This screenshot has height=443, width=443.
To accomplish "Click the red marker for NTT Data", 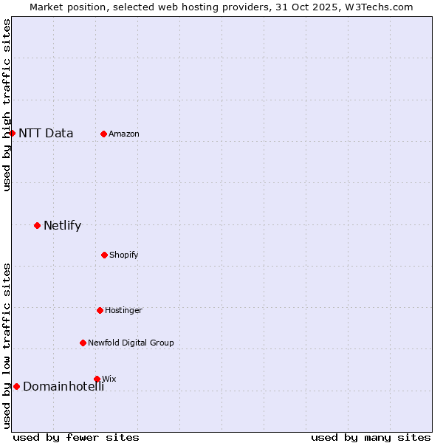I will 12,133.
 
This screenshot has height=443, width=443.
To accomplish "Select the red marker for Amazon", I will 103,134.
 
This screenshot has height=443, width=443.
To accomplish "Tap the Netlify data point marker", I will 37,225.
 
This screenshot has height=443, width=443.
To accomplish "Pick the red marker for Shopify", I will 104,255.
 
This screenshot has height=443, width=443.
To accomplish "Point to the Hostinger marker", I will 100,310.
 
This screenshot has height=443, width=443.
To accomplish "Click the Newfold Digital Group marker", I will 83,343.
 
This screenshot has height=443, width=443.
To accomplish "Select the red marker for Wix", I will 97,379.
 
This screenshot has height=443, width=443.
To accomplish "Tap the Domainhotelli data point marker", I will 16,386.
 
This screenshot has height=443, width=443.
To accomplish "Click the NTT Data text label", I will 46,134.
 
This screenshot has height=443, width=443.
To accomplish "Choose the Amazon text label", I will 124,134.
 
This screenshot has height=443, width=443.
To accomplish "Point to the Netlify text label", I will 62,226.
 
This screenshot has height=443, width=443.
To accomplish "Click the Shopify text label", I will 124,255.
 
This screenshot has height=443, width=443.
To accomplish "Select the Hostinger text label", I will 123,310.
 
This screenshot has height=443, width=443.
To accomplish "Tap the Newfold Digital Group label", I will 131,343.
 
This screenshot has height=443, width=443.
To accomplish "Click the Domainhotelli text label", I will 63,387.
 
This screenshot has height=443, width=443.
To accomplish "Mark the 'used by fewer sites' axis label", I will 76,437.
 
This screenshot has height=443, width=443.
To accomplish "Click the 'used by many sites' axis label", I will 371,437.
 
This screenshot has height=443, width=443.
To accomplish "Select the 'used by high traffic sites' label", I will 7,105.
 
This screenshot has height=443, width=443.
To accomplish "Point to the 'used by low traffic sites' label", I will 7,346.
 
